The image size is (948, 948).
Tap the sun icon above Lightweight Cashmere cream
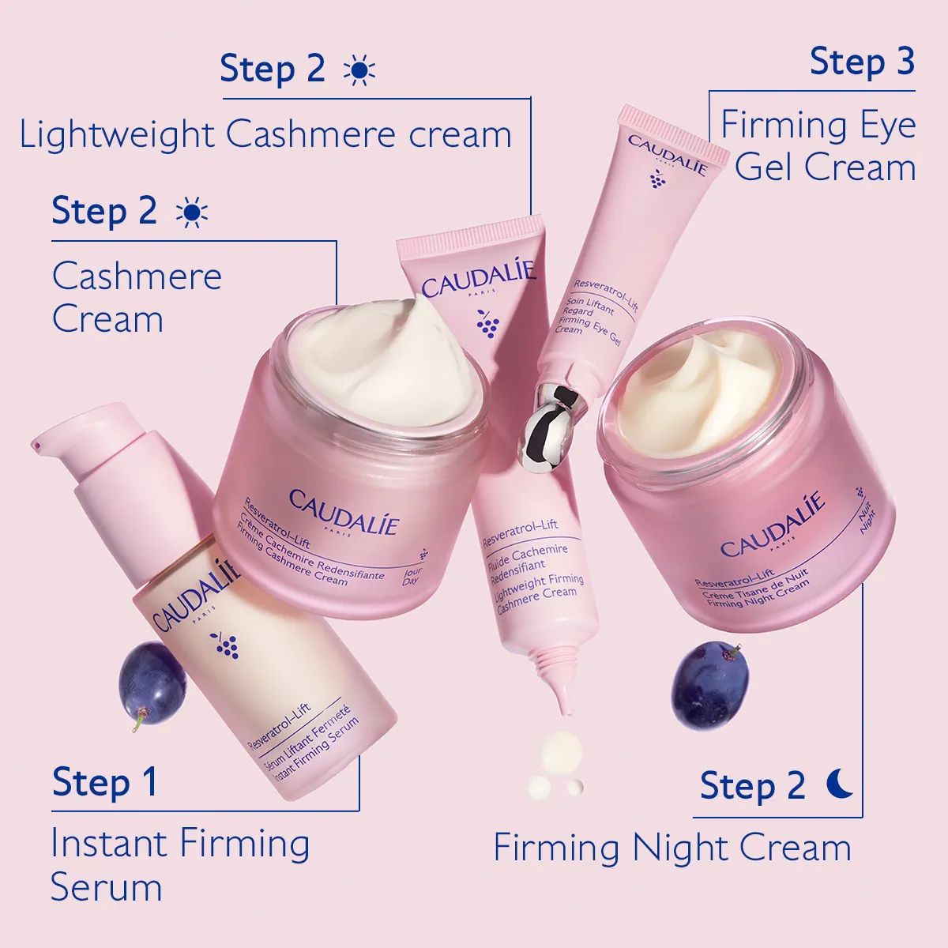359,70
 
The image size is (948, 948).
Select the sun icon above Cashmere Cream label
192,213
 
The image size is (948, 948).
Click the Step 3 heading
862,62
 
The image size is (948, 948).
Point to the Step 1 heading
105,783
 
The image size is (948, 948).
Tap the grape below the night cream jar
709,684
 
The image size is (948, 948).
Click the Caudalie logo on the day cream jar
344,511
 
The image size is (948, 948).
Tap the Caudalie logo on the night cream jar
772,525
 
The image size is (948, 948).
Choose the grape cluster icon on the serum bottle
228,644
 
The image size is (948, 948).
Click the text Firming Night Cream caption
672,848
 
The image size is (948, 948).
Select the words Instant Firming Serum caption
179,864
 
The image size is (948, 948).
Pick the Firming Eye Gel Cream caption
819,146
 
